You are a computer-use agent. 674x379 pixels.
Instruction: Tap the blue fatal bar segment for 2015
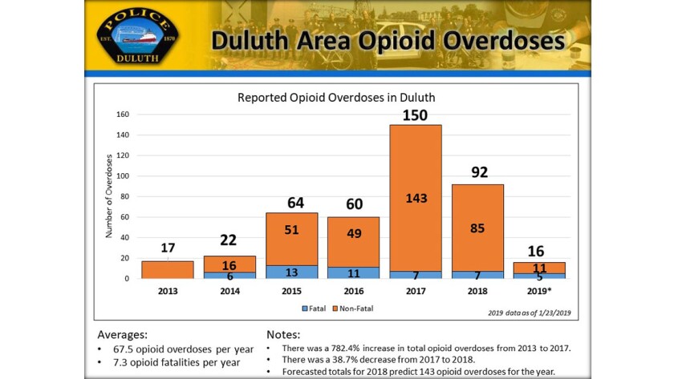291,272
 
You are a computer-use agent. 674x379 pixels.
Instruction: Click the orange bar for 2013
168,269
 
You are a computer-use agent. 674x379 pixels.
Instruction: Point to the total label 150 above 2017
416,115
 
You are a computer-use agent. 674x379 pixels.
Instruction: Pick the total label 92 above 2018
478,172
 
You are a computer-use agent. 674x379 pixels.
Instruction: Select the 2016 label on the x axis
353,292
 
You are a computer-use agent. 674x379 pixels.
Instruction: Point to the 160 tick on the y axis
123,115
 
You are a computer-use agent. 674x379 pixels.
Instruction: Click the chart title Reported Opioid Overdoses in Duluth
335,98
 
